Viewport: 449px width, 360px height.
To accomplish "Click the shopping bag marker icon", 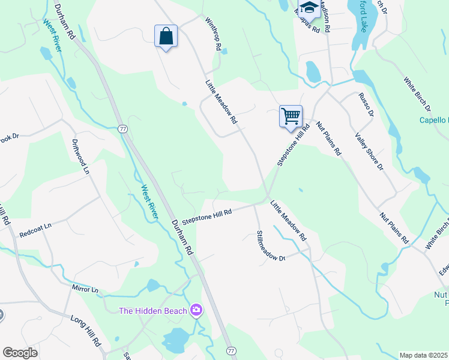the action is pos(166,37).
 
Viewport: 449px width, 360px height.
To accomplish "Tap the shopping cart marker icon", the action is pos(291,115).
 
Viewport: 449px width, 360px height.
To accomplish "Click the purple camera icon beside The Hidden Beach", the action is pos(196,310).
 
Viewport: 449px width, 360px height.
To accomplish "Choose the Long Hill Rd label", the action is pos(85,330).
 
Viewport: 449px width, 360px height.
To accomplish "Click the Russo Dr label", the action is pos(366,104).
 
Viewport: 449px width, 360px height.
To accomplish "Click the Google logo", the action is pos(19,353).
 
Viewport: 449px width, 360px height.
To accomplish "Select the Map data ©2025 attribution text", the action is pos(424,355).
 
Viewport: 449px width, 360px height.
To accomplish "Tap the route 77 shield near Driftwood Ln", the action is pos(122,128).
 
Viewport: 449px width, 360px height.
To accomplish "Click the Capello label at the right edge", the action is pos(433,120).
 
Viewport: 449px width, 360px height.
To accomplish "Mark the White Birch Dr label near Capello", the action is pos(416,94).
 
